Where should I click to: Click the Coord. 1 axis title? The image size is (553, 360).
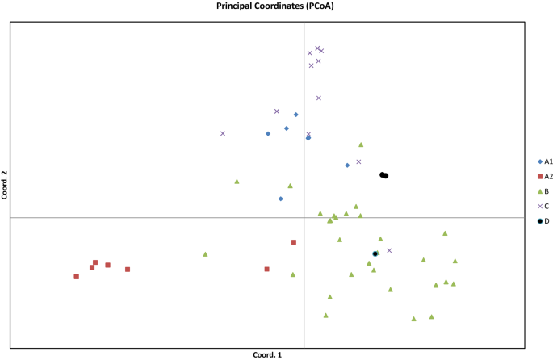pos(267,354)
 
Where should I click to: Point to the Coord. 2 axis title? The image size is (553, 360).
pos(5,185)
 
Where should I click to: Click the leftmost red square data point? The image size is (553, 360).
pos(77,277)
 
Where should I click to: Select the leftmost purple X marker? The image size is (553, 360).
pos(223,133)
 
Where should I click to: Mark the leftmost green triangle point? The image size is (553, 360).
pos(205,254)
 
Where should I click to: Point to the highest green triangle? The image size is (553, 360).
pos(361,144)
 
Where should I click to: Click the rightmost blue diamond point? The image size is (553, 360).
pos(347,165)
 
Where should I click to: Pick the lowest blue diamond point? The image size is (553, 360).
pos(281,199)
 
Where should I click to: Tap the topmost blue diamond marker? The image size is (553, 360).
pos(296,115)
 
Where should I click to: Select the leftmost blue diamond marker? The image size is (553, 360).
pos(268,134)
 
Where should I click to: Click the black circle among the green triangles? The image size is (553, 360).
pos(375,254)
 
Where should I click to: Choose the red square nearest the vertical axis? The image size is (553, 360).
pos(294,242)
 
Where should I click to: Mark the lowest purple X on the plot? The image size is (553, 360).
pos(389,250)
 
